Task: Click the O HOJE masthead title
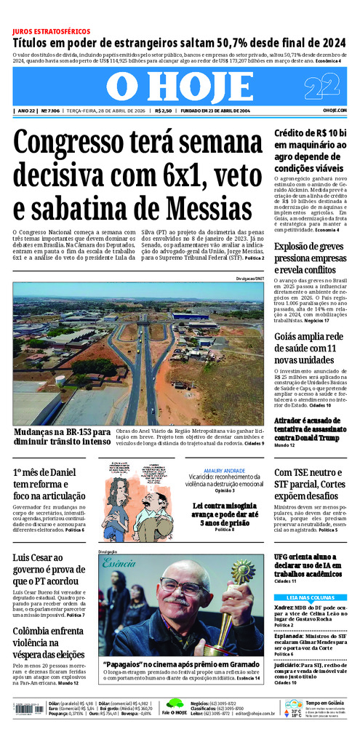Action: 180,88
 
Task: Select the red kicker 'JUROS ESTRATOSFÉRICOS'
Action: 52,32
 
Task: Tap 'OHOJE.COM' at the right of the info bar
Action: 335,111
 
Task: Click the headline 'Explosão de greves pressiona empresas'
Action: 310,258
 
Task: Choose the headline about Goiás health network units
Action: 310,348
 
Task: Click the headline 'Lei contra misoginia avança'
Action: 223,516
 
